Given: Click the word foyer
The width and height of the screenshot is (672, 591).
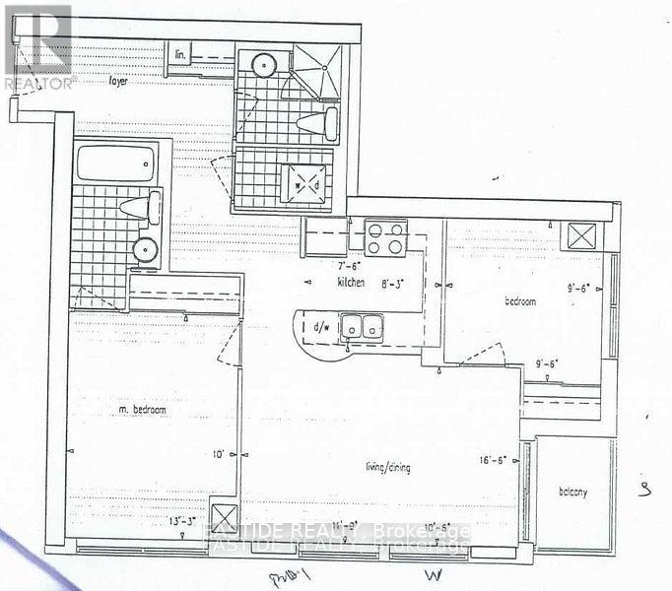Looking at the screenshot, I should tap(122, 81).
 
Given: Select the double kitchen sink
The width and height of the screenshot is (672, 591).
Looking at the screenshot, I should tap(362, 324).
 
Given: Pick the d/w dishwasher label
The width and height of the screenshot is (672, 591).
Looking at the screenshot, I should tap(321, 326).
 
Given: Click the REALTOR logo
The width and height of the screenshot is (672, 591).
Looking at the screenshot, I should tap(36, 43).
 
